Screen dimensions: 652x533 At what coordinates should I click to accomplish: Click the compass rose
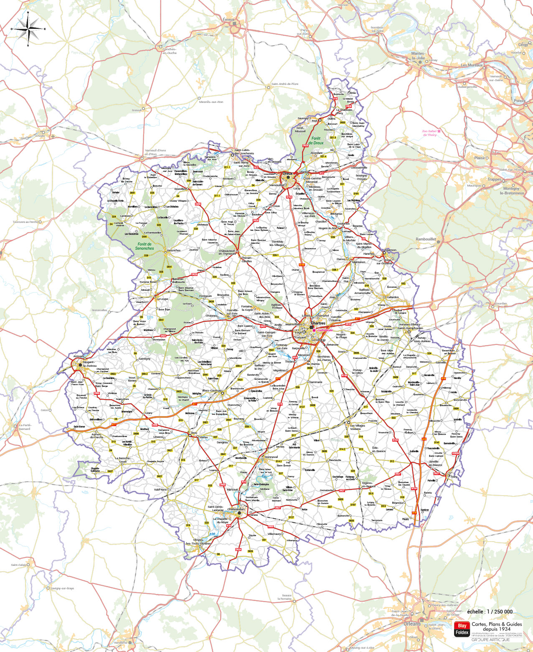click(x=28, y=29)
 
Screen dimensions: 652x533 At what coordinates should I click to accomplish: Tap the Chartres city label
click(x=318, y=323)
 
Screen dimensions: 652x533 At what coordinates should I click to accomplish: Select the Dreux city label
click(x=287, y=173)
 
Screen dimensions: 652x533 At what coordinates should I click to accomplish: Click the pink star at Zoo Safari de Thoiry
click(x=439, y=131)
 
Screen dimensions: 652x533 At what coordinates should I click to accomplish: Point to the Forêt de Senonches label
click(x=145, y=246)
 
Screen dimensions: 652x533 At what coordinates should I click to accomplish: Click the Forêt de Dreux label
click(x=316, y=141)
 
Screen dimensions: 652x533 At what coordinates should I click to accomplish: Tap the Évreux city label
click(x=228, y=20)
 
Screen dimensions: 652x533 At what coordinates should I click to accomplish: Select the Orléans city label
click(x=412, y=624)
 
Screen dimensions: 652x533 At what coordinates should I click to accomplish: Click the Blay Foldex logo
click(x=462, y=629)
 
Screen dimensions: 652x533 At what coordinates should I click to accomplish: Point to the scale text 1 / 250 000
click(x=490, y=611)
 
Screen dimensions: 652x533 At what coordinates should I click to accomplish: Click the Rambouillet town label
click(x=426, y=239)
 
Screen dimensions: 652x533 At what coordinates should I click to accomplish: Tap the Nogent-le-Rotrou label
click(x=89, y=364)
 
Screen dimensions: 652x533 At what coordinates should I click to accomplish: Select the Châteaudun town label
click(x=236, y=509)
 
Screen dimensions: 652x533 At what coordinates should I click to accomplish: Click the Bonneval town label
click(x=271, y=457)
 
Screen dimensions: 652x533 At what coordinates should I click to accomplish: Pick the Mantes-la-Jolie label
click(x=418, y=56)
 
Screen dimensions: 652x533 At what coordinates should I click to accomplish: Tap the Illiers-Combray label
click(x=212, y=391)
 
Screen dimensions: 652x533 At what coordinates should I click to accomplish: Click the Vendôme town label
click(x=120, y=642)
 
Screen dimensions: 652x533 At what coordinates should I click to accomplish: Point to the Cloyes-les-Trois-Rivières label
click(x=198, y=542)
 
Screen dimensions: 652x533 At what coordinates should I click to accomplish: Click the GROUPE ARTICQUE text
click(x=490, y=639)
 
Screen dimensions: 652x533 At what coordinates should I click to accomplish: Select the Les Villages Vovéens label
click(x=357, y=427)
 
